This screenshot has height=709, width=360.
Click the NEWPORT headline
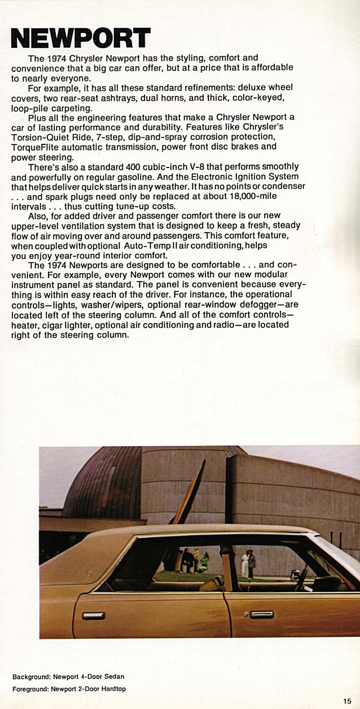(81, 38)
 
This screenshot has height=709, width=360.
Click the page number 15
(347, 701)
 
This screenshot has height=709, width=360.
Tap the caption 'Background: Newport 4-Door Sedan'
(68, 677)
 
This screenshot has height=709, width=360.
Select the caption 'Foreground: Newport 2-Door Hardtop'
(69, 689)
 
